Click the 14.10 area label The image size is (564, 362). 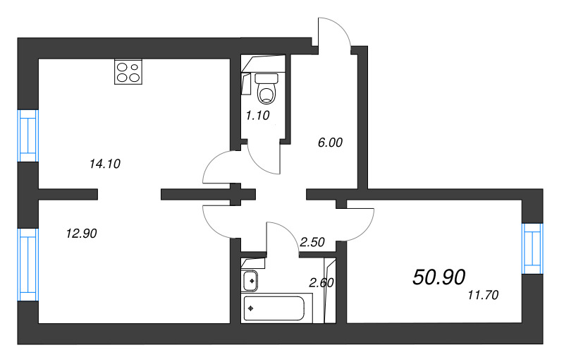(104, 164)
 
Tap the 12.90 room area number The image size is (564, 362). (81, 234)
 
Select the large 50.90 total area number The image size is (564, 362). (439, 277)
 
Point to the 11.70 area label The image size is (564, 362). (483, 296)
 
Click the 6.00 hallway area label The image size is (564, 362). (330, 143)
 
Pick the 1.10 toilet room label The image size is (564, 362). (257, 116)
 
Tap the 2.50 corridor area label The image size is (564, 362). (312, 242)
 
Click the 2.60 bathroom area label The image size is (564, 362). (321, 283)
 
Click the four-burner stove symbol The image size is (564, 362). (128, 72)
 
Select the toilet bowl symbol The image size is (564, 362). (266, 88)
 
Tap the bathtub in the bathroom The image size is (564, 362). (274, 308)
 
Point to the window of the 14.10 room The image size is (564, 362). (28, 135)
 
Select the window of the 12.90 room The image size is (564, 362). (28, 265)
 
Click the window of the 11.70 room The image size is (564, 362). (532, 248)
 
